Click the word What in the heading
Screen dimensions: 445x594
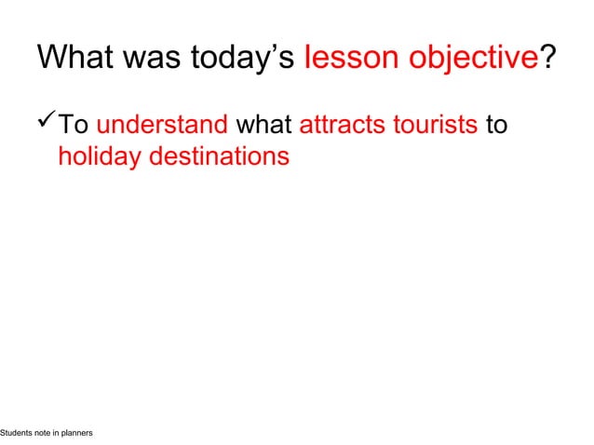(x=75, y=59)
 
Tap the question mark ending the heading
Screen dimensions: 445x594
(x=549, y=59)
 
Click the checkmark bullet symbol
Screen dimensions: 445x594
(x=47, y=123)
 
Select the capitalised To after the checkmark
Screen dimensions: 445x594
(x=73, y=125)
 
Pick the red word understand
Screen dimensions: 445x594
(x=163, y=125)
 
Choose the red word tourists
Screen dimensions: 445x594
(x=434, y=125)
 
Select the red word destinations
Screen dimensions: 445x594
(x=219, y=156)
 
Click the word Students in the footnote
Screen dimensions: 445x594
(x=16, y=434)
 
